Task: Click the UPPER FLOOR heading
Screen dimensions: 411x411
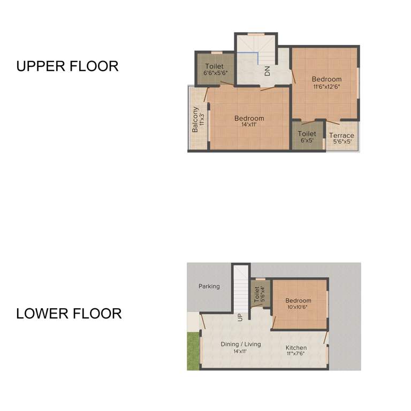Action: point(67,66)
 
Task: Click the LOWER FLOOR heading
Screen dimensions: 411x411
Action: point(68,313)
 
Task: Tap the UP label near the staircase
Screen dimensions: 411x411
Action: point(240,317)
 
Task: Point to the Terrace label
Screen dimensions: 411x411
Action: point(341,135)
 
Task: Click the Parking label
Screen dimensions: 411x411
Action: point(209,286)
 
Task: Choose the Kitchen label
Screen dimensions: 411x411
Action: point(296,348)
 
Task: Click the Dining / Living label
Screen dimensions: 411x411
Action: point(241,344)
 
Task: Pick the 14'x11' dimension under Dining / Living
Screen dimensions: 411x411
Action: point(240,352)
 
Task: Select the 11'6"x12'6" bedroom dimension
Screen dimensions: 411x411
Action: point(326,86)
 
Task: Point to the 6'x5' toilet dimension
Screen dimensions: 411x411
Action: point(307,141)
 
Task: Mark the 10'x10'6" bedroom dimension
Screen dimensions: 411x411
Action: point(298,307)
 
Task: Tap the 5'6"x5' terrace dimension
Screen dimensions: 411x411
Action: point(341,142)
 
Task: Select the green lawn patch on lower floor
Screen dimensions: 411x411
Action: point(193,351)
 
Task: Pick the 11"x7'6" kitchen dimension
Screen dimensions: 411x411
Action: point(296,354)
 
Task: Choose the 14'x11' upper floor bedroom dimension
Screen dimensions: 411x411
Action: point(249,125)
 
